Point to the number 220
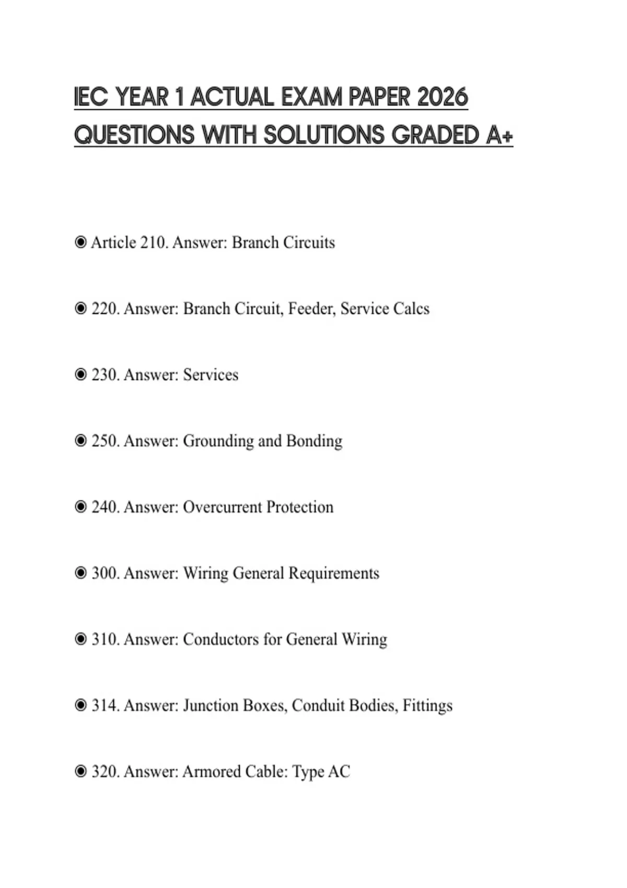pyautogui.click(x=106, y=309)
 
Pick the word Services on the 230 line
pyautogui.click(x=211, y=375)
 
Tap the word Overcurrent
pyautogui.click(x=222, y=507)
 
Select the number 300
pyautogui.click(x=106, y=574)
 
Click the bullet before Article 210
pyautogui.click(x=80, y=242)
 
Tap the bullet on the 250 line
pyautogui.click(x=80, y=441)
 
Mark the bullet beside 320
pyautogui.click(x=80, y=772)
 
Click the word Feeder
pyautogui.click(x=311, y=309)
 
